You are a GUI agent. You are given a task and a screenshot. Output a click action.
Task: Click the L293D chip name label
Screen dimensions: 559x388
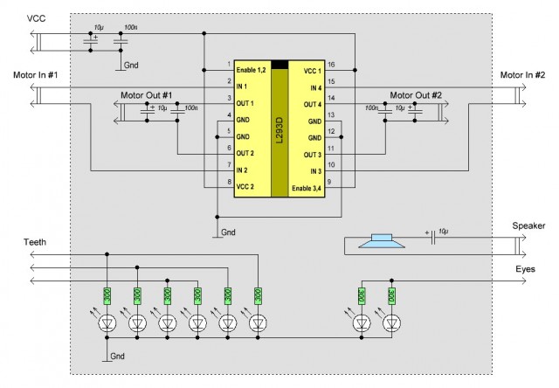(279, 131)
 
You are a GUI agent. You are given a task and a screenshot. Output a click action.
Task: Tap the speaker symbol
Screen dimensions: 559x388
(382, 241)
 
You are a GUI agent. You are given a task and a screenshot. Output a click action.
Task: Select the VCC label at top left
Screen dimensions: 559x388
(37, 18)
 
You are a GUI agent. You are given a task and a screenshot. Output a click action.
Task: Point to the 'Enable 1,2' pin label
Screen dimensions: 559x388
(251, 70)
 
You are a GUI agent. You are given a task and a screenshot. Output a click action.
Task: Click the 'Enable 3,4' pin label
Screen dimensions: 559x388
(307, 188)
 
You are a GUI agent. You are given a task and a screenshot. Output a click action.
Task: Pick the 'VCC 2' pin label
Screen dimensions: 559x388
(245, 186)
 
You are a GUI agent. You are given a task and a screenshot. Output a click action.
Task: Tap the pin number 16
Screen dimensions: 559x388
(331, 65)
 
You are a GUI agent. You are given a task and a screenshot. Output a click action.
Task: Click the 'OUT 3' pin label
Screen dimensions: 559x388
(313, 155)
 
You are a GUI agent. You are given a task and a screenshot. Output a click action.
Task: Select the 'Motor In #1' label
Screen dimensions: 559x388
(35, 75)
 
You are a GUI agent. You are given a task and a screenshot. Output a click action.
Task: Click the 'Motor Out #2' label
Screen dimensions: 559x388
(416, 95)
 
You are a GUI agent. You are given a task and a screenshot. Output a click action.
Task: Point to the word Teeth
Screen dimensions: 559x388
(35, 242)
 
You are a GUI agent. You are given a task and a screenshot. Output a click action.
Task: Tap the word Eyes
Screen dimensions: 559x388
(525, 269)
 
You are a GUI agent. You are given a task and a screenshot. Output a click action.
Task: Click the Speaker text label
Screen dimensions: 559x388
(528, 225)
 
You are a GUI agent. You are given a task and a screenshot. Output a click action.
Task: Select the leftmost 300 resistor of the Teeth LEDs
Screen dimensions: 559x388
(107, 296)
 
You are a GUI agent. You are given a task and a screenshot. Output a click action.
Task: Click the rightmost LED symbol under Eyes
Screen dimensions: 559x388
(392, 323)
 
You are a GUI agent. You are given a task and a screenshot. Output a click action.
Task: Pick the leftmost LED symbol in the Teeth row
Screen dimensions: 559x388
(107, 323)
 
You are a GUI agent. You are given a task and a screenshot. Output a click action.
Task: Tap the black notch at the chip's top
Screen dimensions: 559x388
(279, 65)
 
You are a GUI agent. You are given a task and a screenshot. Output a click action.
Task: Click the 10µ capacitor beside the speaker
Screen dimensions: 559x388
(433, 238)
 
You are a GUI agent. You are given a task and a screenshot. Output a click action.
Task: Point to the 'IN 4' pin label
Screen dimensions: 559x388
(315, 87)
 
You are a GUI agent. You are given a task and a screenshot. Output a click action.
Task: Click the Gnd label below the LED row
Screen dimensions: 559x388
(117, 357)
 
